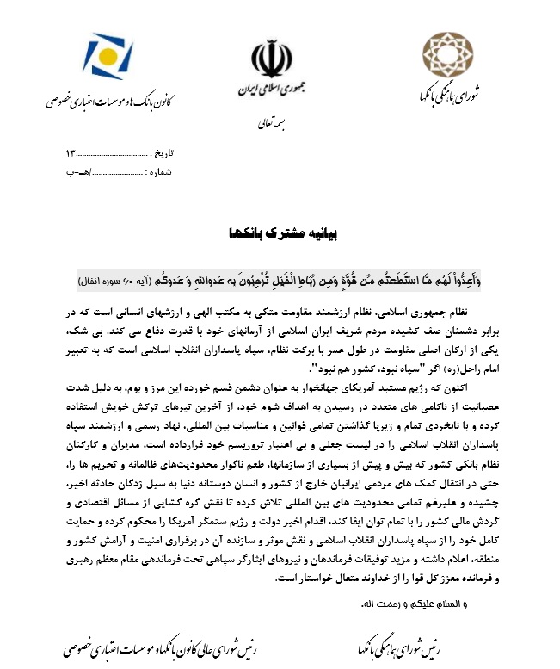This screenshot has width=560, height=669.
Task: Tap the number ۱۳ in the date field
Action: tap(71, 153)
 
